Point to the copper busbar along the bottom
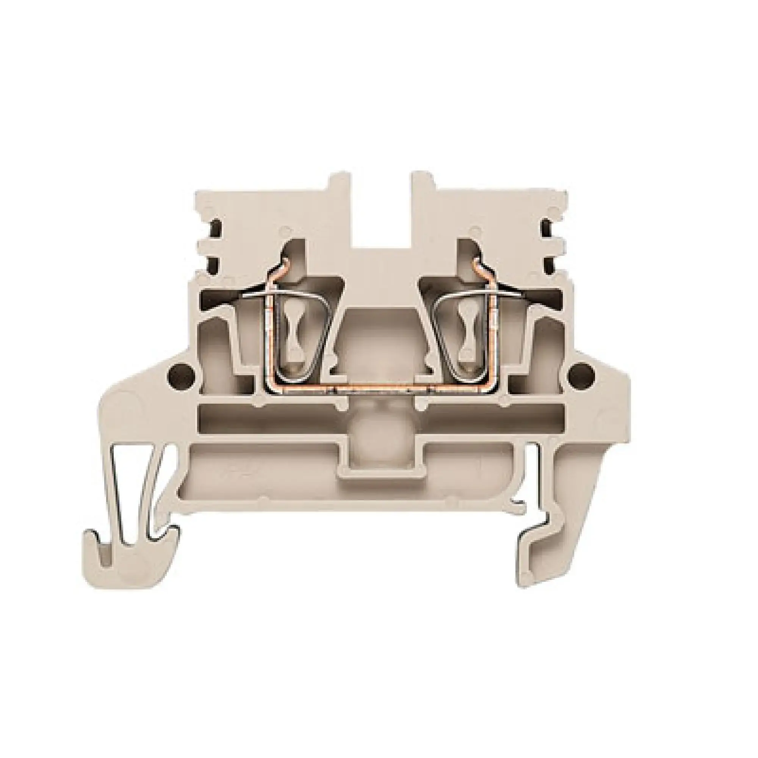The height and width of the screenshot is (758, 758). pyautogui.click(x=381, y=392)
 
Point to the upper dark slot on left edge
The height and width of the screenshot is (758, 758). pyautogui.click(x=215, y=228)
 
